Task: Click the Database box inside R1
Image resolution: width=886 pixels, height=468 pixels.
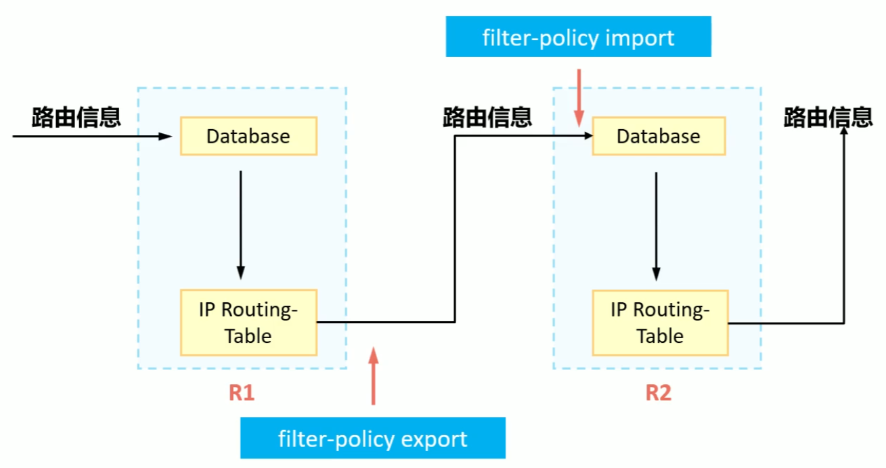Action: (x=248, y=136)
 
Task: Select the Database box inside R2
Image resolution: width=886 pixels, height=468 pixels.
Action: (x=659, y=136)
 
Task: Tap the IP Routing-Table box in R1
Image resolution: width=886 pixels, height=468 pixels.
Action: (x=248, y=323)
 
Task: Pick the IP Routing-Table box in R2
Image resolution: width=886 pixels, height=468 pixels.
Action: (x=660, y=323)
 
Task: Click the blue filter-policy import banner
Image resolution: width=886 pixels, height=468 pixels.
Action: (x=578, y=37)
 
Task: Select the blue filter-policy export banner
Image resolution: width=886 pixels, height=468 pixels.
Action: (x=373, y=438)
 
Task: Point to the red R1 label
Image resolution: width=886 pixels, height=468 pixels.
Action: (x=241, y=393)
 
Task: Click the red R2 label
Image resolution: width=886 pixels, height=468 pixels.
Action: (x=658, y=393)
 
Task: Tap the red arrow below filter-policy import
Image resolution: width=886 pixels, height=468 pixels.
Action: (x=579, y=97)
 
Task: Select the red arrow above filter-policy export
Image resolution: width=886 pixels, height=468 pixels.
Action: (x=373, y=375)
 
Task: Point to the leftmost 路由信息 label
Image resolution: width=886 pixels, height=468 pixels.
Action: (x=76, y=117)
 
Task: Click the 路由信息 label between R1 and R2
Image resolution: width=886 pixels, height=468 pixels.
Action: (x=487, y=117)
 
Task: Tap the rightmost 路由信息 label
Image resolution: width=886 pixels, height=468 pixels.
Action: (x=828, y=117)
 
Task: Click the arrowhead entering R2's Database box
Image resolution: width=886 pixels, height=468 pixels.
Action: (x=585, y=136)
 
